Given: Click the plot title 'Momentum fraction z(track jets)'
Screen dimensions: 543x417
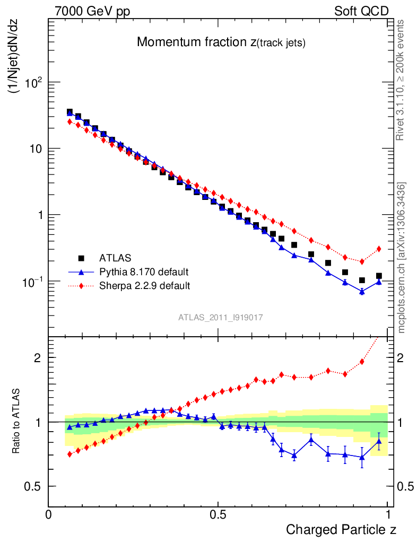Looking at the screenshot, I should point(221,43).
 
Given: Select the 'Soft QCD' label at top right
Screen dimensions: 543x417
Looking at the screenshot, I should point(361,11).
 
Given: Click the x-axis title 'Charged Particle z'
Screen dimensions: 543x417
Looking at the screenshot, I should point(341,529).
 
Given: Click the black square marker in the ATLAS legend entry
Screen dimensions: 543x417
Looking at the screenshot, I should point(81,258).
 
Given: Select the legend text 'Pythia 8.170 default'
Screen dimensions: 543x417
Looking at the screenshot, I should point(144,272).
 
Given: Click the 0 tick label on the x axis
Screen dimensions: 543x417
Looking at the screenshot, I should point(49,514).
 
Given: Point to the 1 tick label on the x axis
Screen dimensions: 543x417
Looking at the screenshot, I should point(388,514).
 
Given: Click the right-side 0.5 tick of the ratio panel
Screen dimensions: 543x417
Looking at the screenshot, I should point(405,486).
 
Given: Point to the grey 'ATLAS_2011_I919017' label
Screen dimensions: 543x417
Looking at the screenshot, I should point(221,317).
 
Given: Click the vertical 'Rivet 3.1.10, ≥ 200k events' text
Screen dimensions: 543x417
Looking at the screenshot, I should point(401,80).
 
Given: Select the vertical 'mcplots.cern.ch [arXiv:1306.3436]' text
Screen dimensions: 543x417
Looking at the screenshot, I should point(402,257).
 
